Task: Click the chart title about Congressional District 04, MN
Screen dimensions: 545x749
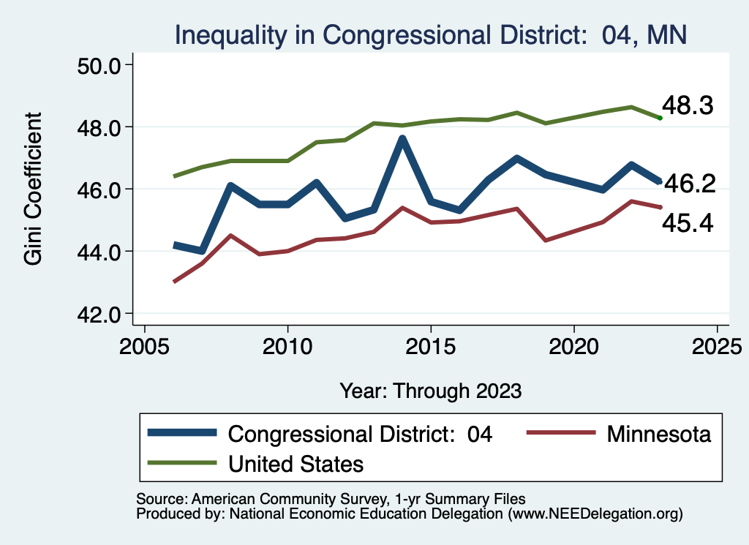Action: point(429,34)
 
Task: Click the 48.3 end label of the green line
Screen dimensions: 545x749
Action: point(687,105)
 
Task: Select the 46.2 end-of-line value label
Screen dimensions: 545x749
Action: point(688,184)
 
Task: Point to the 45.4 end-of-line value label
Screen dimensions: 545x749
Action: point(687,222)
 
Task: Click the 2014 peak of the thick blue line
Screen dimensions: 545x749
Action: point(402,138)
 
